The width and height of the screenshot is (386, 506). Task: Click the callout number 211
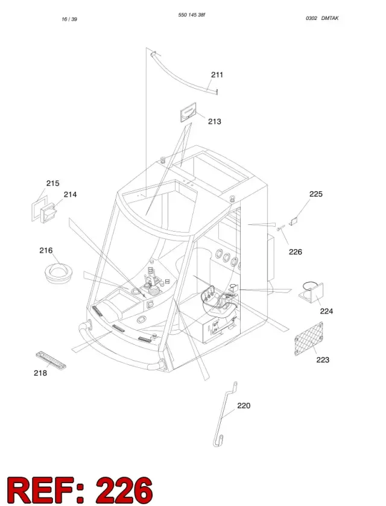(x=217, y=75)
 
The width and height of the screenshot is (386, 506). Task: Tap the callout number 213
(x=215, y=122)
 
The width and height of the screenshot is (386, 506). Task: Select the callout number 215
(x=52, y=183)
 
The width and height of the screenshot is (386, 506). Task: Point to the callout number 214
(x=70, y=194)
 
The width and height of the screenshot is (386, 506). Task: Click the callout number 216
(x=46, y=250)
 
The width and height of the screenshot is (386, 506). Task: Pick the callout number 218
(x=40, y=373)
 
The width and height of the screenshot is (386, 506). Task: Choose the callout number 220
(x=244, y=406)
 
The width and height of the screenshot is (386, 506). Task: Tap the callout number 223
(x=323, y=360)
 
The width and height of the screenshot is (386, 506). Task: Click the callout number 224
(x=326, y=311)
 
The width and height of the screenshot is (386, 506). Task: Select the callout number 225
(x=316, y=194)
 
